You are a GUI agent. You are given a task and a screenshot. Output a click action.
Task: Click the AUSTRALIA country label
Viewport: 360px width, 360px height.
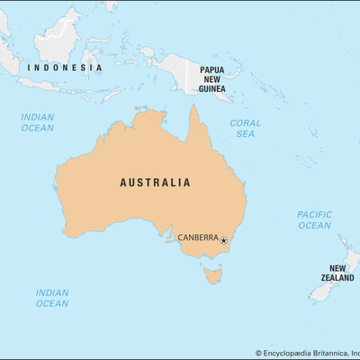pos(155,182)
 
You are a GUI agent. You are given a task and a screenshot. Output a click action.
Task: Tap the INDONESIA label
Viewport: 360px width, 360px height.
pos(64,67)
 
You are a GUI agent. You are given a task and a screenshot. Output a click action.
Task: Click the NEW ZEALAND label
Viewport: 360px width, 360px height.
pos(337,274)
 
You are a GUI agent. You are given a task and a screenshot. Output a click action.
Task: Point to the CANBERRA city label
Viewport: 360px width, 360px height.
pos(197,238)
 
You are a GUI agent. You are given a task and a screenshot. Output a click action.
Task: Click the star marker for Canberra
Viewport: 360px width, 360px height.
pos(223,240)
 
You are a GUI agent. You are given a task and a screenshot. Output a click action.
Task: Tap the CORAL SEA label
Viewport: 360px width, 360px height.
pos(245,128)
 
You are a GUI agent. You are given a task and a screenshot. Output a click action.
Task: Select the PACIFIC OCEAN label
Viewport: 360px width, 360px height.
pos(314,220)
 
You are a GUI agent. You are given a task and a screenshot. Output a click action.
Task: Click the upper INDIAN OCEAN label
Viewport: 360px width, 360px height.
pos(38,122)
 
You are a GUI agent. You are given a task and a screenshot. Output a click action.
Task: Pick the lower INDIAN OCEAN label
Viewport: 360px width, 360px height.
pos(52,298)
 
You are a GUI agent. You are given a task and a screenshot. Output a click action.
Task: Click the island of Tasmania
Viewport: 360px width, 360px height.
pos(211,274)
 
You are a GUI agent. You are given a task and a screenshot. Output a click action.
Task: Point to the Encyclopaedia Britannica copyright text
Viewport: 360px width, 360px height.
pos(306,354)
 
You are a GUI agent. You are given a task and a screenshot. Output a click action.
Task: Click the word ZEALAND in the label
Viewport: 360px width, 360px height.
pos(337,279)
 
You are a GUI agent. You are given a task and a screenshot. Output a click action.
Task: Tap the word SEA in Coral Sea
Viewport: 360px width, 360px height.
pos(245,133)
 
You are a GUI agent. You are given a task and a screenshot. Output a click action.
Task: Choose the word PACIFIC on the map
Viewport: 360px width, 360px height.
pos(314,214)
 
